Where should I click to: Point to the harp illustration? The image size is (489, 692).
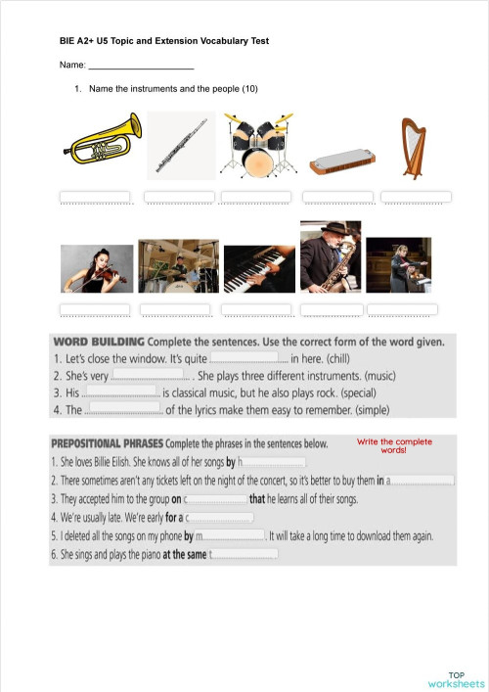click(x=414, y=148)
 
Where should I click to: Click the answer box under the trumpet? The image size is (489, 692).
click(x=96, y=197)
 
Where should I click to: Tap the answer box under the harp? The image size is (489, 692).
click(x=416, y=197)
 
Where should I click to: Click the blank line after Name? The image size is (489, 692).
click(x=141, y=66)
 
